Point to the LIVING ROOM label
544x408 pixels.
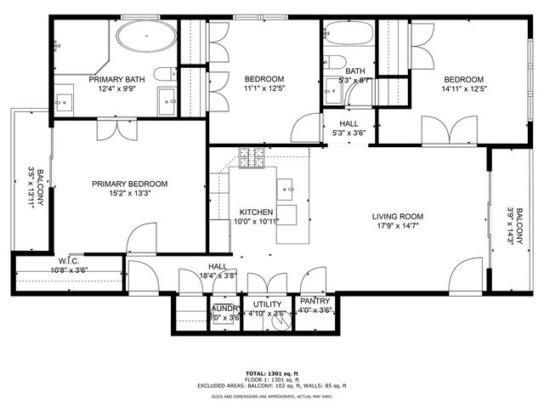398,216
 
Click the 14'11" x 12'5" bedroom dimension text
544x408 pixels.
463,88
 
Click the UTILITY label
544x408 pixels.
267,303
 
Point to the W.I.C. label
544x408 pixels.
69,261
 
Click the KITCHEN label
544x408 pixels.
256,212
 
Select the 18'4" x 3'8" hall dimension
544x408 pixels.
217,275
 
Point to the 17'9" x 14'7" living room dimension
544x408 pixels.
398,227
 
